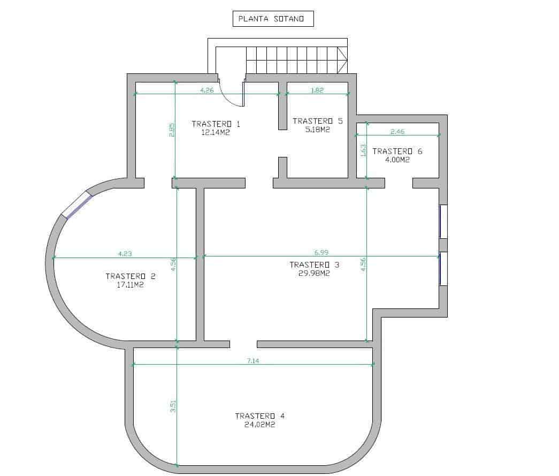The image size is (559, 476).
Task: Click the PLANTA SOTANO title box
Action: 273,19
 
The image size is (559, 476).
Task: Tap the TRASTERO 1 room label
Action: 216,124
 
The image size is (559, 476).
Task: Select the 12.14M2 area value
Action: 216,133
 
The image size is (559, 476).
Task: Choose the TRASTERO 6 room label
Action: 397,151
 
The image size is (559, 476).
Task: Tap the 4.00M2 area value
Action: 397,160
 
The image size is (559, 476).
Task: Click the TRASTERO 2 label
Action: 131,276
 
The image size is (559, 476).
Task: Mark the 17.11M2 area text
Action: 131,285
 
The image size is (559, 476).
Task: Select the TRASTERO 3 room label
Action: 315,265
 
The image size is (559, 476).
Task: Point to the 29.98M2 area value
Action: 315,273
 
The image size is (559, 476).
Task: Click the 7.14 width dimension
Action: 253,361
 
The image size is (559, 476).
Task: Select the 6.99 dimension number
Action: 320,252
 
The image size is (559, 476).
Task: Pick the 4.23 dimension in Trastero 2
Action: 125,254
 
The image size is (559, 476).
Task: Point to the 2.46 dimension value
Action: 398,131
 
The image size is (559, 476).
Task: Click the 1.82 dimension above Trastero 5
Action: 317,90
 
